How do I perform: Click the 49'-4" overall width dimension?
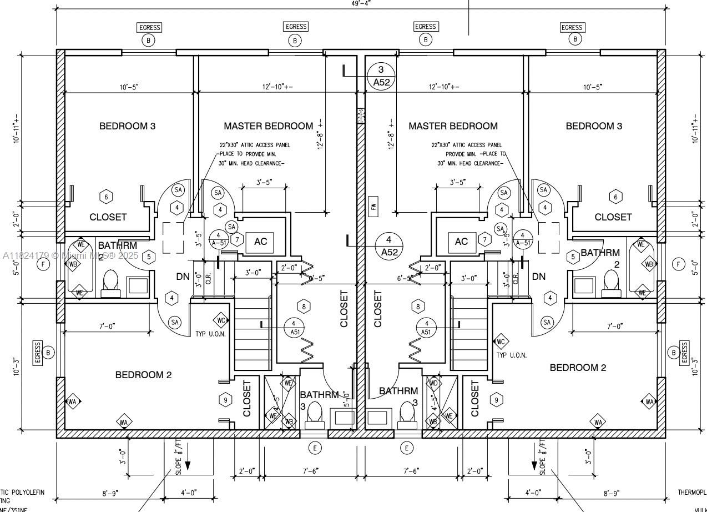(x=361, y=3)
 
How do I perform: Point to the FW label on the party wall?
(x=373, y=208)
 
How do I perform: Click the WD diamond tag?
(x=433, y=383)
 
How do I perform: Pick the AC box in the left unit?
(x=260, y=242)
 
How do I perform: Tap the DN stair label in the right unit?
(x=538, y=277)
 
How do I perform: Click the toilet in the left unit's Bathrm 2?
(x=110, y=282)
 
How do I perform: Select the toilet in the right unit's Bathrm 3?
(x=408, y=414)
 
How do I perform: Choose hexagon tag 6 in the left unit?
(x=105, y=196)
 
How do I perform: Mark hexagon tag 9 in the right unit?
(x=497, y=399)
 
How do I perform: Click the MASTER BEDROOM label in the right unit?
(x=453, y=126)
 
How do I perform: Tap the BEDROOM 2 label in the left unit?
(x=143, y=375)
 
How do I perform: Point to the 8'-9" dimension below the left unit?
(x=110, y=493)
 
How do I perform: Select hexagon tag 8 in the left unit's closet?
(x=304, y=306)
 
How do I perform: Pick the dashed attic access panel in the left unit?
(x=173, y=237)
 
